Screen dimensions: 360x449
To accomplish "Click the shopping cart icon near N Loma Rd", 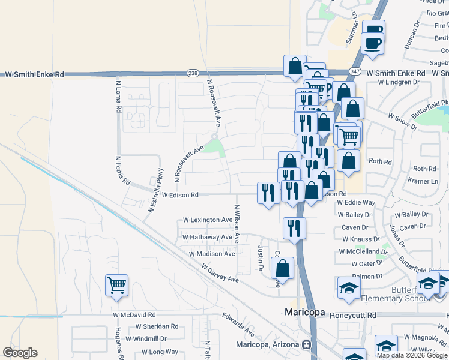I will (117, 286).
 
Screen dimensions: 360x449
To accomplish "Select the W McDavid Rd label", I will (134, 314).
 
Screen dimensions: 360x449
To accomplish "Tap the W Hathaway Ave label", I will (207, 238).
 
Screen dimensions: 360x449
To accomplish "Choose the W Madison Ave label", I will (211, 254).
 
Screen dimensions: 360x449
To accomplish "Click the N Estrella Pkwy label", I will (155, 191).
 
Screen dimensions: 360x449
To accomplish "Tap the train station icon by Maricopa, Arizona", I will (307, 345).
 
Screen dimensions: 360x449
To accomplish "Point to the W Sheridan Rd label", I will (157, 327).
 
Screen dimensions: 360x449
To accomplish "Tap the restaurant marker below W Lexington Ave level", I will (294, 228).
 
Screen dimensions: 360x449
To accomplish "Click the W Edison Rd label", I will (180, 195).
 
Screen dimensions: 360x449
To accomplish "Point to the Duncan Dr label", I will (415, 35).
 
